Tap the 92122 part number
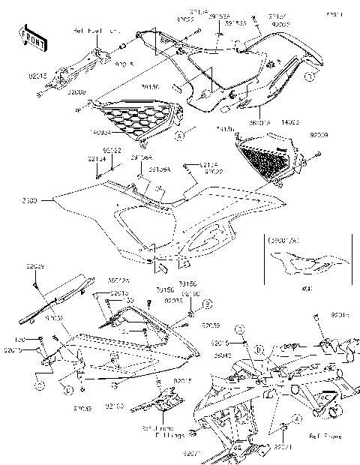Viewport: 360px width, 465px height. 112,150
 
